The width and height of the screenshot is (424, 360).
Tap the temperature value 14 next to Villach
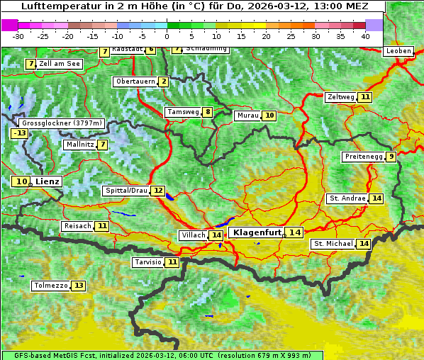(216, 235)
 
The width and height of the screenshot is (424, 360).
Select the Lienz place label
(48, 181)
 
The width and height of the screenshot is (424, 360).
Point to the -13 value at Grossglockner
(19, 133)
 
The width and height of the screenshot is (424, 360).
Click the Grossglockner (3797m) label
(62, 123)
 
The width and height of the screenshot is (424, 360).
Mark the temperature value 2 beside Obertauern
(164, 81)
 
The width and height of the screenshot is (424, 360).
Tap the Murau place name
(247, 116)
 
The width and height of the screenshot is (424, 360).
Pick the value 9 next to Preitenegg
(391, 157)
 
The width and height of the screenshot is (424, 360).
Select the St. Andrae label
(347, 198)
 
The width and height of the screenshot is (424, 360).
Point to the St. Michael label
(333, 244)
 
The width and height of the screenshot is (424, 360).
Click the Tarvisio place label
(148, 262)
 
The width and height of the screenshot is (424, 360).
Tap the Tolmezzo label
(51, 286)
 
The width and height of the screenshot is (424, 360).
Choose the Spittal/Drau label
(126, 191)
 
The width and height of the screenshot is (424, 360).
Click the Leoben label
(398, 51)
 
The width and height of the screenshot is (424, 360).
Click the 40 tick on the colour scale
(365, 35)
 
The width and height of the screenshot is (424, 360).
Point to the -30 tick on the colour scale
(18, 35)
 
